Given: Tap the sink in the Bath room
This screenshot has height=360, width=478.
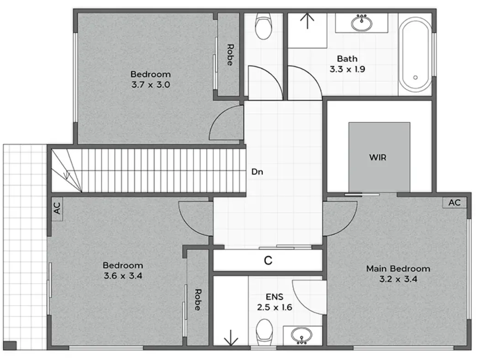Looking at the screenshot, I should [362, 22].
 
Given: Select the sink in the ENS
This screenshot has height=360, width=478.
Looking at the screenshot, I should [301, 335].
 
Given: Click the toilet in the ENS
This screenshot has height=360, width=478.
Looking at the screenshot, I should [265, 332].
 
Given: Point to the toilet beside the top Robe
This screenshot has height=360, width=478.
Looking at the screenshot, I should [263, 27].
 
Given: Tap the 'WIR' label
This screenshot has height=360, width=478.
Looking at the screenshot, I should [378, 157].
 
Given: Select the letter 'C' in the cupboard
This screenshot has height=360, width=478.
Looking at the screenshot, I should [268, 261].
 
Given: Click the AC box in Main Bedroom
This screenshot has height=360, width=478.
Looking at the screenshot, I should [454, 202].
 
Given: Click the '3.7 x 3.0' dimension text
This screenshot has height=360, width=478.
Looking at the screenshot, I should [150, 84].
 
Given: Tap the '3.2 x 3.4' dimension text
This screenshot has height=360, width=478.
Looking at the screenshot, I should [398, 279].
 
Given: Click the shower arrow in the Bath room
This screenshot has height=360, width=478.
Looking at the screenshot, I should [307, 21].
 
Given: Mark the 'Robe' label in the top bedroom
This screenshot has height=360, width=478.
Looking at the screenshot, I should [229, 55].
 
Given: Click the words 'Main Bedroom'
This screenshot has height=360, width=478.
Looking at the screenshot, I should [398, 269].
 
